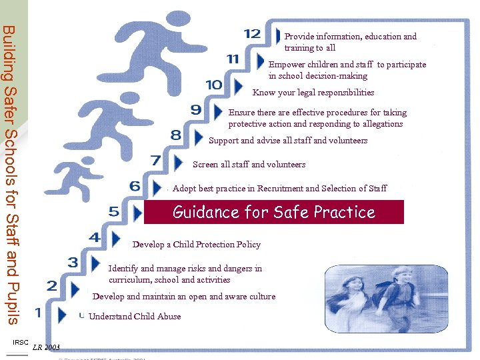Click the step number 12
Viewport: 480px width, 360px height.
pos(252,34)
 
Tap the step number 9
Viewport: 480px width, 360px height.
pos(196,110)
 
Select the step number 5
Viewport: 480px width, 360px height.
pos(114,212)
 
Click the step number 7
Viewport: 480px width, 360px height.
pos(155,161)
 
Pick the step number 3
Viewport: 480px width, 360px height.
pos(73,263)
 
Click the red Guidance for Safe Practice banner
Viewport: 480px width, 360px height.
pos(273,213)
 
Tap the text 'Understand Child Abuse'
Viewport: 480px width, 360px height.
pos(135,316)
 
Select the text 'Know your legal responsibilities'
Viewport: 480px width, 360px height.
pos(313,93)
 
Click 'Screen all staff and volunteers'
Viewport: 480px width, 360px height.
pos(249,164)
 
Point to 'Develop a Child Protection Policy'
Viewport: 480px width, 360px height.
pos(196,244)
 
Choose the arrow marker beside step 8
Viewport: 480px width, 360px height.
pos(197,137)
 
